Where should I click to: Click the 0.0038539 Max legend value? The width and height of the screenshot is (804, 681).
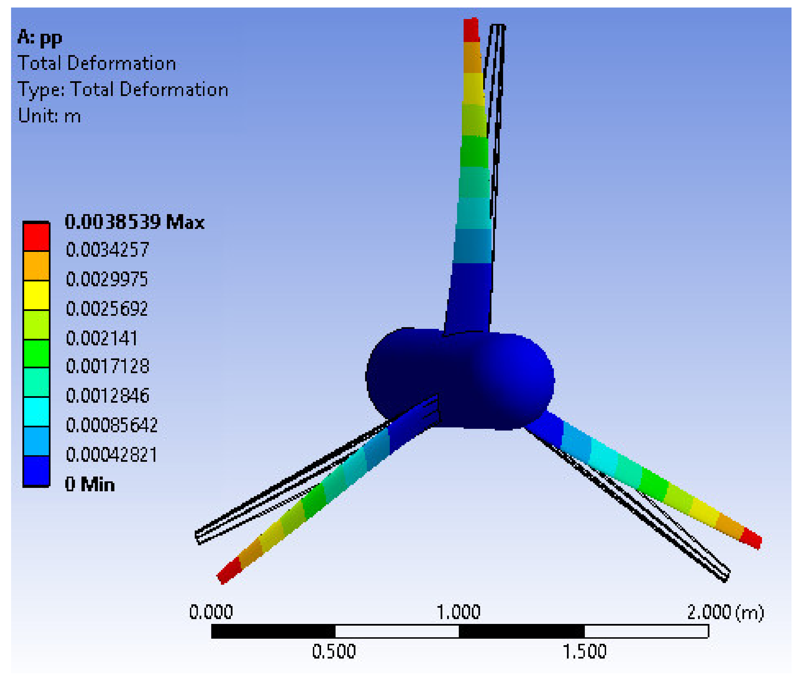(x=134, y=222)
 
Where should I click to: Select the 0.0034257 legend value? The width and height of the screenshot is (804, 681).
(x=107, y=250)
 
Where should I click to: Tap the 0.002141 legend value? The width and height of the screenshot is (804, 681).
(x=102, y=338)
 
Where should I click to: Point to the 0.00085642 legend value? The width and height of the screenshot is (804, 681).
(x=112, y=425)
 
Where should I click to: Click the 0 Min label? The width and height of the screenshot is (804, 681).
(x=89, y=484)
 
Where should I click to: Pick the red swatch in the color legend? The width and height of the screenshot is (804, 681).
(x=36, y=237)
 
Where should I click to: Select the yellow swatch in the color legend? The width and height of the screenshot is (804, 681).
(x=36, y=295)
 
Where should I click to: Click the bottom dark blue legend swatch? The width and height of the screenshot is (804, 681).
(x=36, y=471)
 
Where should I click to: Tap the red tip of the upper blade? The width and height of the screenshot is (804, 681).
(x=471, y=30)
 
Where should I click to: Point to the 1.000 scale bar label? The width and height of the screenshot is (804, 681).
(x=458, y=612)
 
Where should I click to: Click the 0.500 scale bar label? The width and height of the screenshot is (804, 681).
(x=334, y=652)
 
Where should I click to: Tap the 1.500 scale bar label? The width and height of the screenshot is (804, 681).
(x=584, y=652)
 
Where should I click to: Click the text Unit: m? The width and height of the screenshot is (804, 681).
(x=49, y=116)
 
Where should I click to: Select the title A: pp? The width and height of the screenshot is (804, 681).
(x=40, y=38)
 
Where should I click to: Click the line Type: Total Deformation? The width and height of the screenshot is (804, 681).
(x=123, y=89)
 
